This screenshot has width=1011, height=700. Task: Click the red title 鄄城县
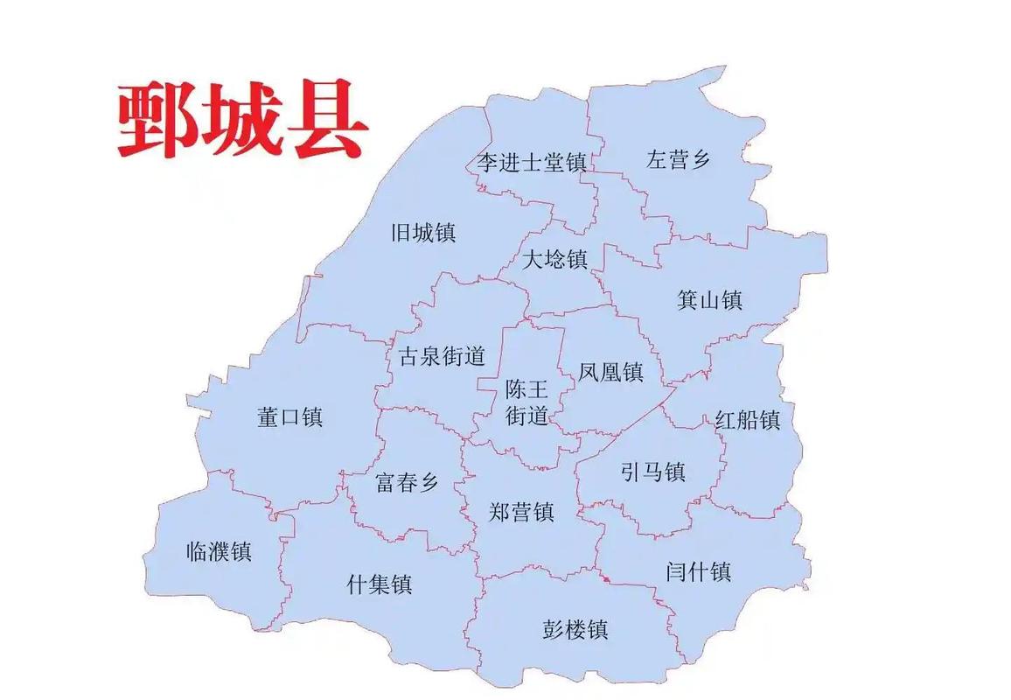click(x=242, y=122)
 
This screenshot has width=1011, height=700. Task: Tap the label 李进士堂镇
click(x=531, y=163)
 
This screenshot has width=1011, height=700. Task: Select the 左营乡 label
click(x=679, y=159)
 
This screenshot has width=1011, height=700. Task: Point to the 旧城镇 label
click(x=423, y=233)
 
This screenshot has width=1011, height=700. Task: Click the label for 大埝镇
click(x=555, y=260)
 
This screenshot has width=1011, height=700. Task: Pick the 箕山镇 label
click(x=709, y=300)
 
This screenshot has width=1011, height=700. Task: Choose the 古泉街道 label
click(x=442, y=356)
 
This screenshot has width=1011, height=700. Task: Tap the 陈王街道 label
click(x=526, y=402)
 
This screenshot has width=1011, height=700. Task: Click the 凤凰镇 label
click(x=610, y=372)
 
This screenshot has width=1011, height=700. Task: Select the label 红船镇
click(x=748, y=419)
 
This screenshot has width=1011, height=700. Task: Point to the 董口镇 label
click(x=289, y=416)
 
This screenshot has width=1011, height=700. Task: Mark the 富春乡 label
click(x=407, y=482)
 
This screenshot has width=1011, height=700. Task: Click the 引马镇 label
click(x=652, y=472)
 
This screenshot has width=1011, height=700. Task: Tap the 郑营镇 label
click(x=521, y=511)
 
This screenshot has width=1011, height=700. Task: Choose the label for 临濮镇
click(x=220, y=552)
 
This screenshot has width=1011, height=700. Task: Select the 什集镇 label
click(x=380, y=584)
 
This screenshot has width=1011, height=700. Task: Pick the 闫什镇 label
click(x=698, y=572)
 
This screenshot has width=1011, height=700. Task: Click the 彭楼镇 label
click(x=575, y=629)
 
